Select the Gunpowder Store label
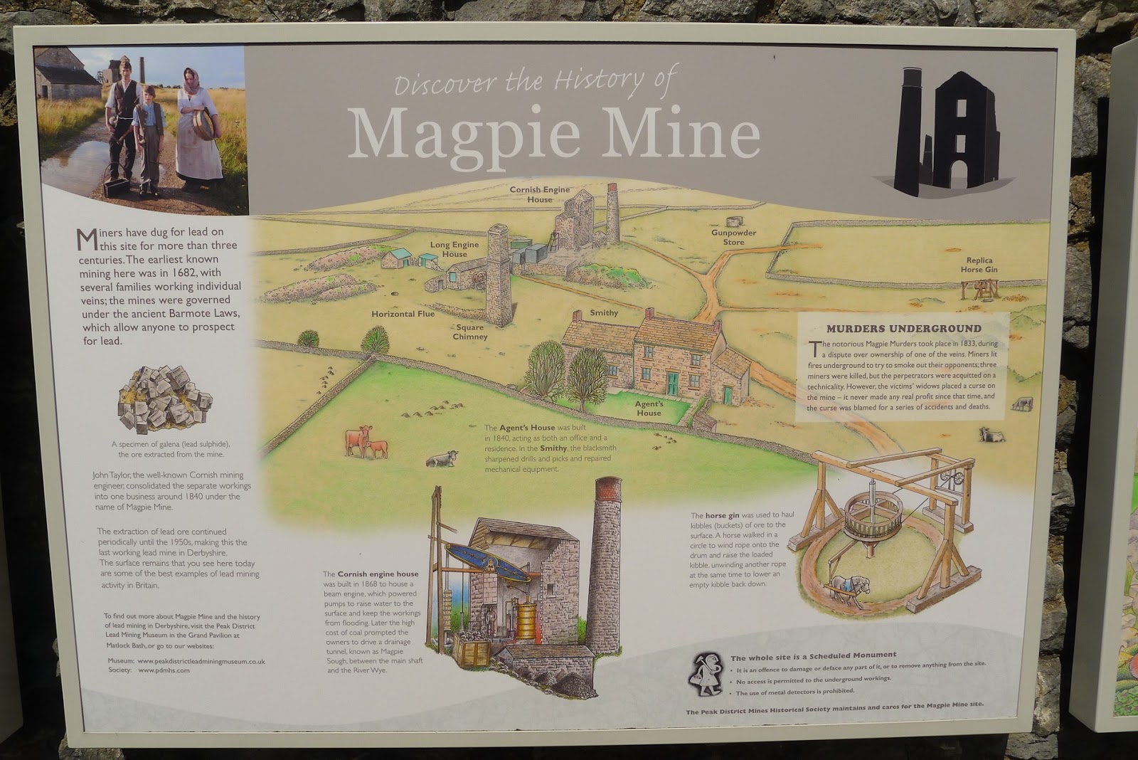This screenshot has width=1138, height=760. [733, 237]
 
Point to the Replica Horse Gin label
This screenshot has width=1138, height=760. [979, 265]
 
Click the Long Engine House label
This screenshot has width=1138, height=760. [454, 249]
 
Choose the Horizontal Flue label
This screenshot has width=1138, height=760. [403, 314]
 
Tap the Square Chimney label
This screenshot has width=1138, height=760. [470, 332]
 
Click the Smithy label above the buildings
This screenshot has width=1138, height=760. [604, 313]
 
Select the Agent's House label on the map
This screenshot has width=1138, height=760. [649, 408]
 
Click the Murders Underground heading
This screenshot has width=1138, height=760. [903, 329]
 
